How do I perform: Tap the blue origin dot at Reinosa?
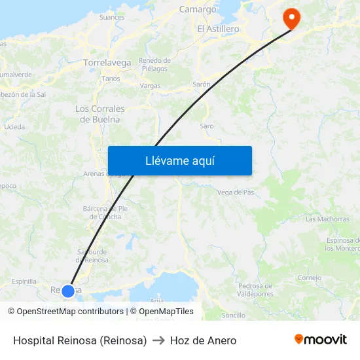click(x=68, y=290)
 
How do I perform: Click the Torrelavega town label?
click(x=107, y=63)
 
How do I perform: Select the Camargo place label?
click(x=198, y=10)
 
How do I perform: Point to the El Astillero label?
click(x=218, y=29)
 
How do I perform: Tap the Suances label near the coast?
click(x=111, y=18)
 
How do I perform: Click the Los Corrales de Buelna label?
click(x=99, y=114)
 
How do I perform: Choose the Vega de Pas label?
click(x=235, y=192)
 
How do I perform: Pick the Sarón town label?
click(x=202, y=84)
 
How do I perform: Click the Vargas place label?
click(x=150, y=86)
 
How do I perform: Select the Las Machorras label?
click(x=327, y=219)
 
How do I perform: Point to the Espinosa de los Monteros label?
click(x=342, y=244)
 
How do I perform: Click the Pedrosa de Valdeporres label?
click(x=255, y=289)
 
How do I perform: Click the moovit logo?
click(x=321, y=340)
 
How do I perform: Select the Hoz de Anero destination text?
click(x=203, y=340)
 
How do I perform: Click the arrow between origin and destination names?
click(x=158, y=340)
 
